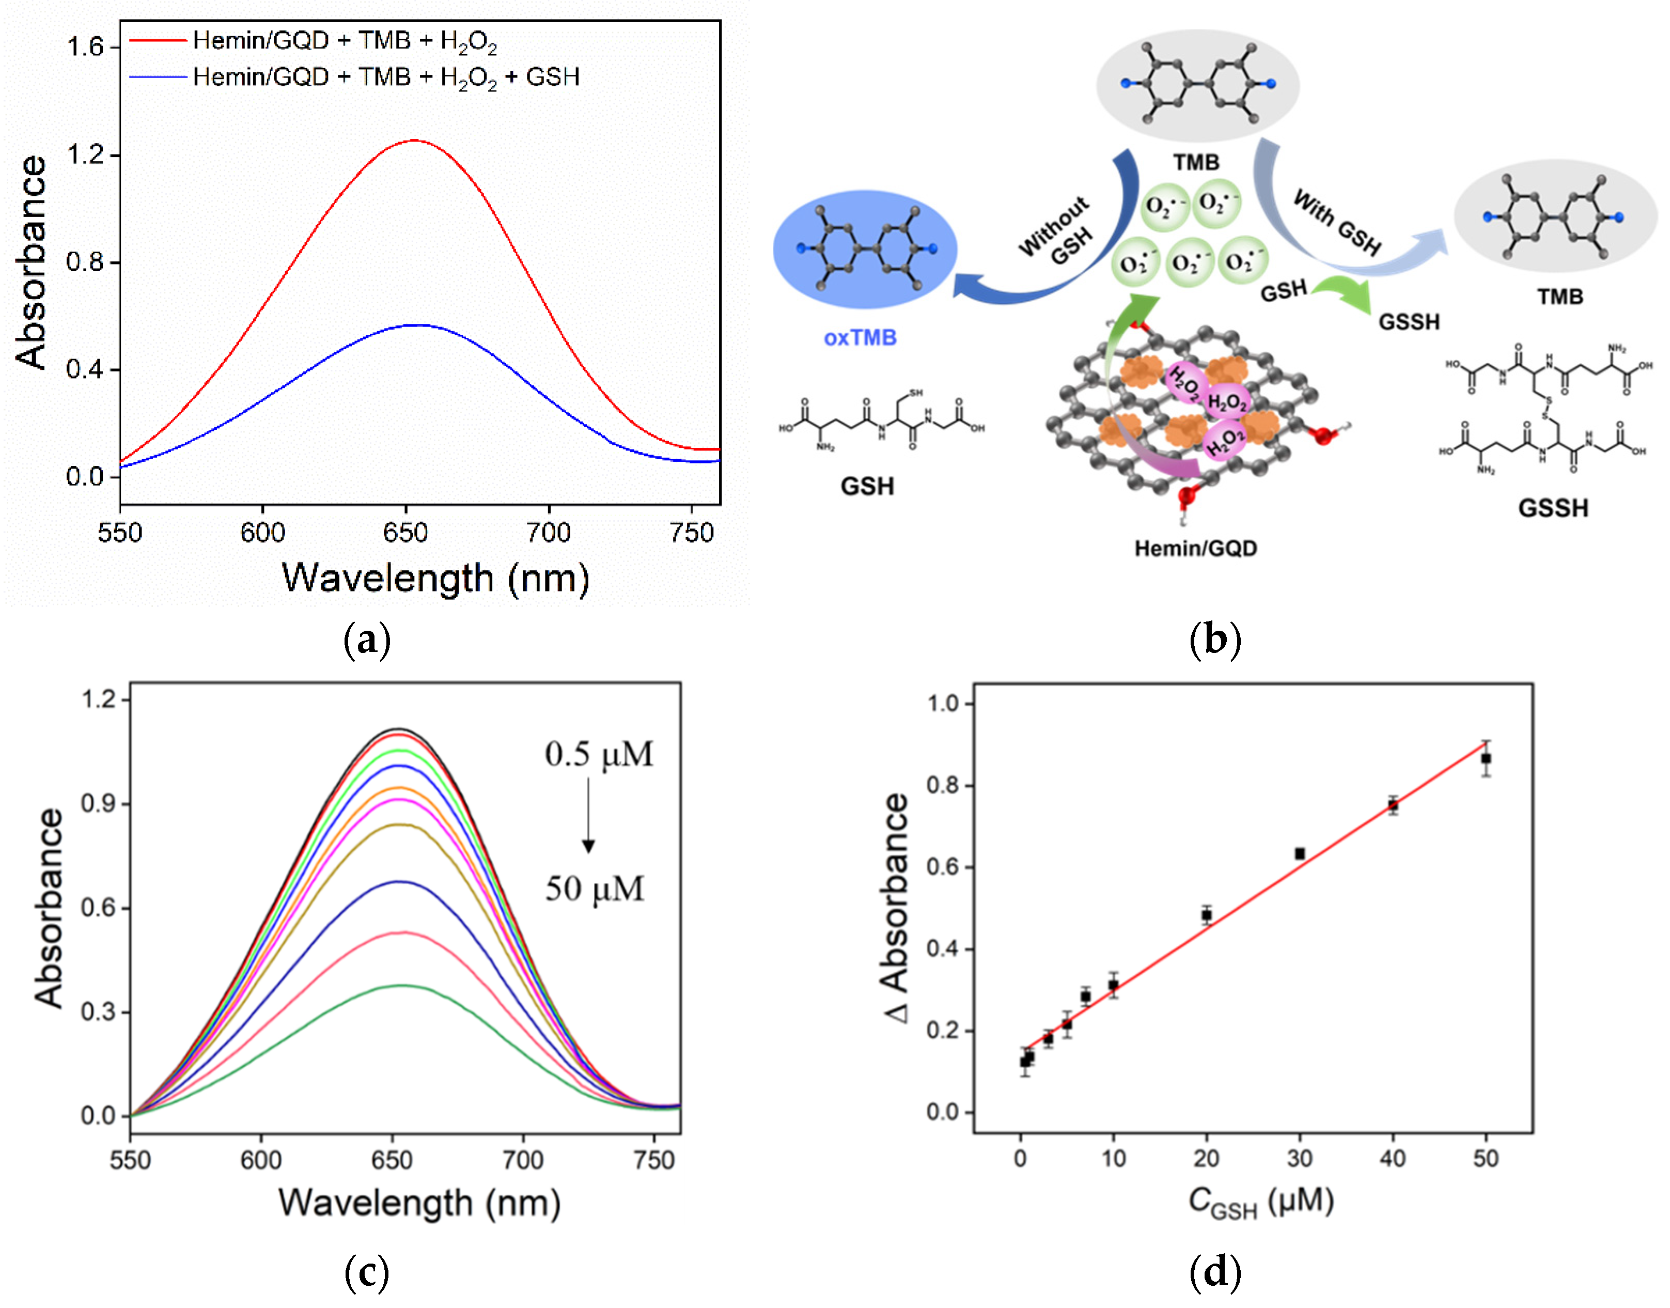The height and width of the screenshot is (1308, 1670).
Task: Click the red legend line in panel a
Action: click(157, 40)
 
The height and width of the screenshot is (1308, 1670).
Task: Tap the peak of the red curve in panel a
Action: click(414, 141)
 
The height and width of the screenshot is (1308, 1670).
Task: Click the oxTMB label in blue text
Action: click(860, 338)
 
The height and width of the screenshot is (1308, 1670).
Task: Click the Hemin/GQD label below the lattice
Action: click(1195, 548)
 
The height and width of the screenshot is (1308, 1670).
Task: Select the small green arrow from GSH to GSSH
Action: click(1345, 293)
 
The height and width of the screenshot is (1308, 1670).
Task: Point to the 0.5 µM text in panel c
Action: click(599, 754)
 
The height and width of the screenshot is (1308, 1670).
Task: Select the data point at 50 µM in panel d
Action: click(1486, 758)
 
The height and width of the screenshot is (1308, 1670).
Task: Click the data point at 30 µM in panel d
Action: click(1300, 853)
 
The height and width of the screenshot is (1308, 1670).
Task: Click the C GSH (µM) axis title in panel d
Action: click(1261, 1202)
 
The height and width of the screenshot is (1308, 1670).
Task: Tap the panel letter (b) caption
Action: click(1215, 640)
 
